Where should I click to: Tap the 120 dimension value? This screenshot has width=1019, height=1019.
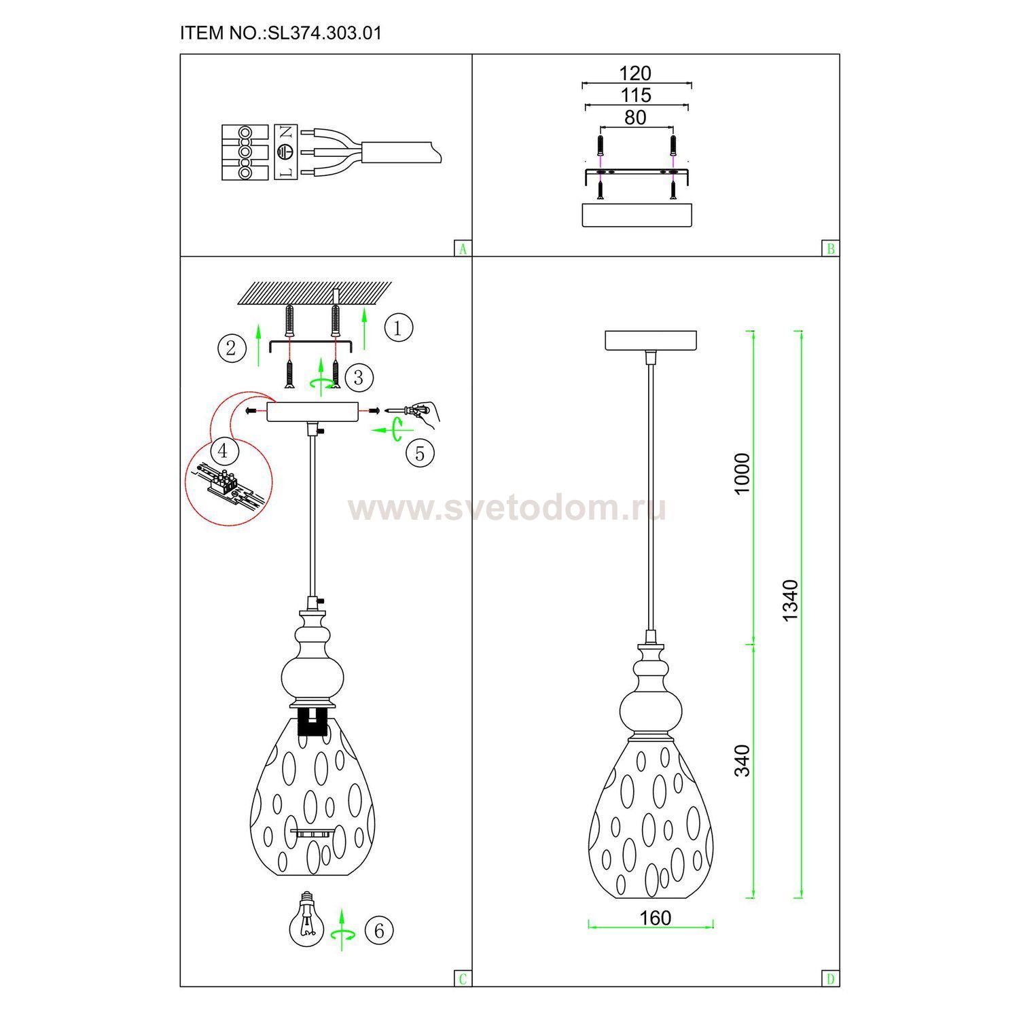coord(635,73)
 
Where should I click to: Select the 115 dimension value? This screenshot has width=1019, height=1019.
coord(635,95)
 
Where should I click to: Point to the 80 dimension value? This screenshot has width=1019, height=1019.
coord(635,118)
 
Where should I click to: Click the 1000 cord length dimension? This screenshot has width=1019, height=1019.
coord(743,473)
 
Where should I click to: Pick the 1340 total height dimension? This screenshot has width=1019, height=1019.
coord(790,601)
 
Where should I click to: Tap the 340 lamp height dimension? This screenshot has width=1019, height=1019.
coord(743,761)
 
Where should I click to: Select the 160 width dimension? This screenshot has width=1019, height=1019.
coord(655,918)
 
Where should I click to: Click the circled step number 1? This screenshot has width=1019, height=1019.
coord(398,328)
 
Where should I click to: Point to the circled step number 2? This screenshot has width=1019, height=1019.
coord(232,348)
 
